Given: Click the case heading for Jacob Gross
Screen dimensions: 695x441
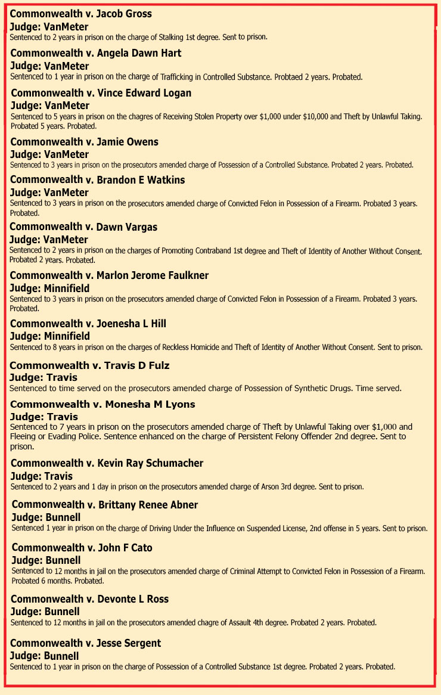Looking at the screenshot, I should [x=81, y=14].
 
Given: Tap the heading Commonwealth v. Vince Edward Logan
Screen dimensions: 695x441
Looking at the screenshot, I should [x=101, y=93].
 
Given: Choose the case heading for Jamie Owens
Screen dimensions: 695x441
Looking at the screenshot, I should [x=84, y=142].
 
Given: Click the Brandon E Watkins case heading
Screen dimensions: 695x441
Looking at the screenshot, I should [x=97, y=180].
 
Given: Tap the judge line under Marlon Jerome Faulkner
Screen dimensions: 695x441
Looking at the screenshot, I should [x=49, y=288].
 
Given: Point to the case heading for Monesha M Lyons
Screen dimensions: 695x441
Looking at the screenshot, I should [x=102, y=404].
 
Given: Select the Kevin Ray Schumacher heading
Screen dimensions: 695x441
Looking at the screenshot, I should [x=107, y=463].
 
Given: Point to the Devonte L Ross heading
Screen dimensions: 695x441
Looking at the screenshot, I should [x=90, y=599].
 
